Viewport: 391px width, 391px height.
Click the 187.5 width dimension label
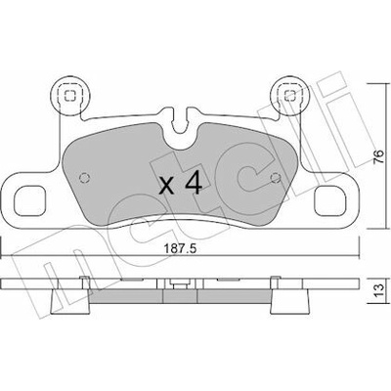click(180, 249)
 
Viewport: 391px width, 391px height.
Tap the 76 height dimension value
click(377, 157)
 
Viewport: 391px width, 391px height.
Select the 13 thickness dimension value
click(378, 290)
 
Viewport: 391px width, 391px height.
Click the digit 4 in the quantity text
click(194, 184)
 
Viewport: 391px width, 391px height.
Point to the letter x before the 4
click(166, 187)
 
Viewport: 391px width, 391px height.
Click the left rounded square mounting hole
click(29, 200)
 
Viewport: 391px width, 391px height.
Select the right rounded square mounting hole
click(329, 200)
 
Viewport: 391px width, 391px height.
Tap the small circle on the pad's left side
click(84, 178)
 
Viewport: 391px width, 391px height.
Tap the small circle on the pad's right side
click(276, 178)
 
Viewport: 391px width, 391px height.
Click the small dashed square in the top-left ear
click(69, 96)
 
